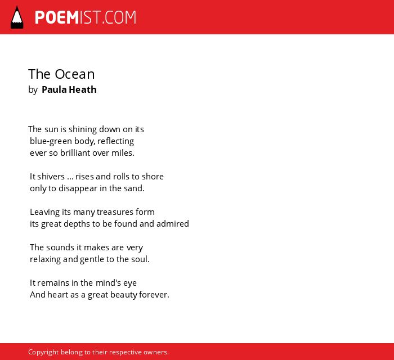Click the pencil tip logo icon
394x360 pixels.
tap(17, 17)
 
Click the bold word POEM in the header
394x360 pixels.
tap(57, 17)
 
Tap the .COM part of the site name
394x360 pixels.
tap(119, 17)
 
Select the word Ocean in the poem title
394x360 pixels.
tap(75, 74)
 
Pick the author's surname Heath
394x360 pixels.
tap(83, 89)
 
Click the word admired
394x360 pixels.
tap(173, 224)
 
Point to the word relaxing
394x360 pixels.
tap(45, 259)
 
